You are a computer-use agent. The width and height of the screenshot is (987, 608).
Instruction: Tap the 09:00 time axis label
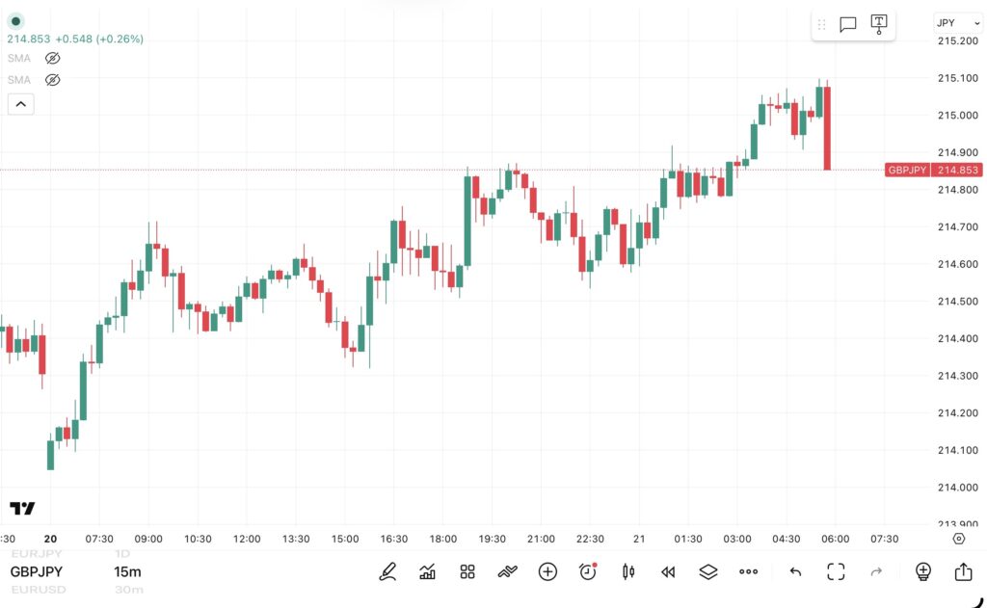[148, 539]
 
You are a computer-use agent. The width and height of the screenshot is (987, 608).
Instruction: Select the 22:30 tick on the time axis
[590, 539]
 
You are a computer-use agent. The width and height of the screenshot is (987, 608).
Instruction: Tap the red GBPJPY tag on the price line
[907, 170]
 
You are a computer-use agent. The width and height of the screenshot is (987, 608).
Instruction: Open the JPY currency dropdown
[958, 23]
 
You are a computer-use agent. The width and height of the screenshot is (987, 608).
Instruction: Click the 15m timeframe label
[127, 572]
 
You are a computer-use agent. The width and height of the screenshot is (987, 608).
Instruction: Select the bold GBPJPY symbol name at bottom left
[38, 572]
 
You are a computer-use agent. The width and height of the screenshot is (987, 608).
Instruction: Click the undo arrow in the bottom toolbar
[795, 572]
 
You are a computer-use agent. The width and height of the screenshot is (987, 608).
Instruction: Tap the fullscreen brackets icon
[836, 572]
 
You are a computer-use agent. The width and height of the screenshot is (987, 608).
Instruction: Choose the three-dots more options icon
[748, 572]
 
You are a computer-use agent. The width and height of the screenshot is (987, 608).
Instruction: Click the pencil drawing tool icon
[387, 572]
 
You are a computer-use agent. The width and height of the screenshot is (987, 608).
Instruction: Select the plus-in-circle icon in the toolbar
[547, 572]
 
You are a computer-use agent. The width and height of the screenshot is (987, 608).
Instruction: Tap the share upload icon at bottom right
[963, 572]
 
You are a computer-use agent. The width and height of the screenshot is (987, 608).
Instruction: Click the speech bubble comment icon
[848, 25]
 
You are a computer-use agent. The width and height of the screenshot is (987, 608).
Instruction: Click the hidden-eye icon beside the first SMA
[53, 58]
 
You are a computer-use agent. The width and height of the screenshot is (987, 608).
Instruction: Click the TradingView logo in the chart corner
[22, 508]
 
